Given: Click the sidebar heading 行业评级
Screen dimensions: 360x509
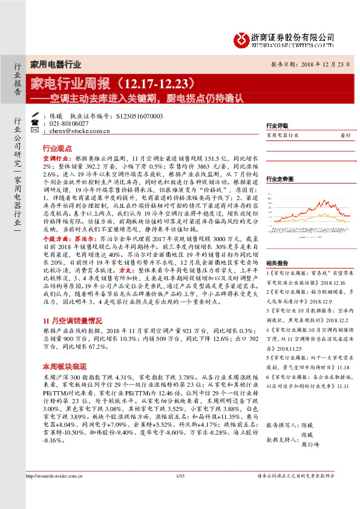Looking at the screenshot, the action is click(277, 126).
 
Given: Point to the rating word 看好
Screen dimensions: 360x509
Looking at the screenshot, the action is click(345, 135).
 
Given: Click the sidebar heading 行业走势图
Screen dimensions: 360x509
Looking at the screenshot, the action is click(280, 179).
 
